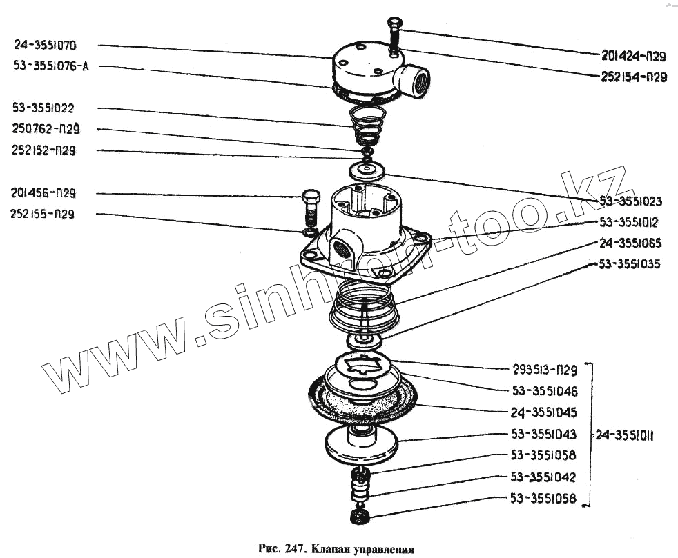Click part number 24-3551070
tap(55, 46)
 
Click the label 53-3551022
tap(52, 108)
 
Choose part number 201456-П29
tap(52, 192)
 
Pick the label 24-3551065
tap(630, 243)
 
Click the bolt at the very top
tap(394, 31)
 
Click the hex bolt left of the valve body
tap(310, 208)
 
